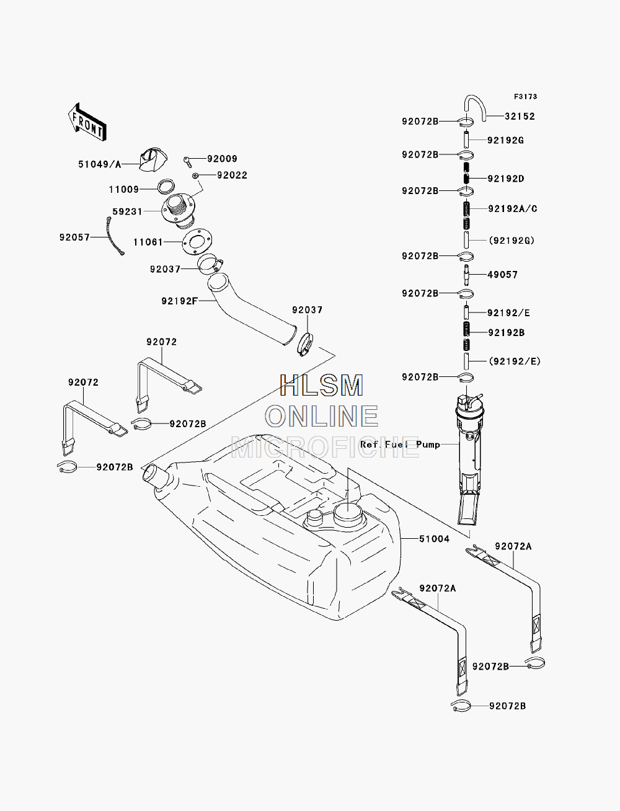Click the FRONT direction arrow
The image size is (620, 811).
[87, 122]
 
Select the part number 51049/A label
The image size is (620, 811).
[99, 164]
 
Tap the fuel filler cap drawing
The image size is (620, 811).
[153, 159]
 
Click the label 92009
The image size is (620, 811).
[222, 159]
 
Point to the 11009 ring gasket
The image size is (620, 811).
[166, 187]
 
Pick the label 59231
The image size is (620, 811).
[127, 211]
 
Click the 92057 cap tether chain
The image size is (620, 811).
[114, 236]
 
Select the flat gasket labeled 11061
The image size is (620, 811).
[197, 242]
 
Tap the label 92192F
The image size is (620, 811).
[180, 301]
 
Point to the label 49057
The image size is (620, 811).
[502, 275]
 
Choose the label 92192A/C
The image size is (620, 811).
[513, 209]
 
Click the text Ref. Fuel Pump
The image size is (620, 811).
[400, 445]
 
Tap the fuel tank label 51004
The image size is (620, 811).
[434, 539]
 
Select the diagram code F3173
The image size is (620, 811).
[525, 97]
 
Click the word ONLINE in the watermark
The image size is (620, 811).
[322, 416]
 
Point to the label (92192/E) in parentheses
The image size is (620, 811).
[515, 361]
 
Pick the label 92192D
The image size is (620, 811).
[506, 179]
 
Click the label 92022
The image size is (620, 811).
[232, 175]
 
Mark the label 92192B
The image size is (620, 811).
[506, 333]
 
